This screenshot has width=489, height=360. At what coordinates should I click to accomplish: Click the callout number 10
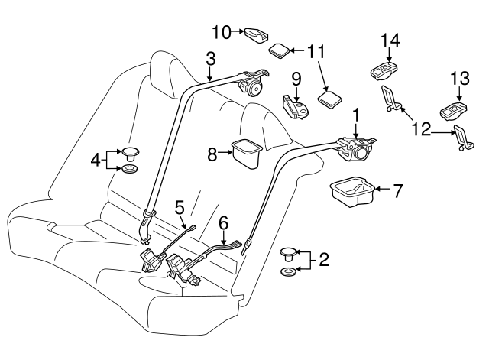click(222, 32)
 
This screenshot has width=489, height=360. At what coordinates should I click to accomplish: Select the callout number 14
click(390, 41)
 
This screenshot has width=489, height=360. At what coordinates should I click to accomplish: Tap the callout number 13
click(460, 78)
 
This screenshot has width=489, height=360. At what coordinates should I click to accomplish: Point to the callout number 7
click(397, 191)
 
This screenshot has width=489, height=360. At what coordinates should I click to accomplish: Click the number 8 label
click(212, 154)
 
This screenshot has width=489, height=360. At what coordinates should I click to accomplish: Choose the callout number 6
click(223, 223)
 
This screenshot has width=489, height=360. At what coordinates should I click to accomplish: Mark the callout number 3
click(211, 59)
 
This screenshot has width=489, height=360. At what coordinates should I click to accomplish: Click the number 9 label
click(296, 79)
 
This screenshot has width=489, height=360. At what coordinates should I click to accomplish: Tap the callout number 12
click(421, 129)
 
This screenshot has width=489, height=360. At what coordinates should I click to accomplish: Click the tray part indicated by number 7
click(352, 192)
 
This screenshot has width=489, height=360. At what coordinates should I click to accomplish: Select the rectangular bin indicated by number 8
click(246, 154)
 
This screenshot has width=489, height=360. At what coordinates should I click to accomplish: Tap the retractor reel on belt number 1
click(358, 150)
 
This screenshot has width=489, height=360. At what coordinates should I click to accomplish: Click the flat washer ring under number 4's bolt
click(130, 169)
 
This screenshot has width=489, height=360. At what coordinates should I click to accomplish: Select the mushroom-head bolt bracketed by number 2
click(289, 254)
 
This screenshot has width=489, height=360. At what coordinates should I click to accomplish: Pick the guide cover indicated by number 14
click(385, 71)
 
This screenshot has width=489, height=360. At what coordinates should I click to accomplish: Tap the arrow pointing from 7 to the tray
click(382, 189)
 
